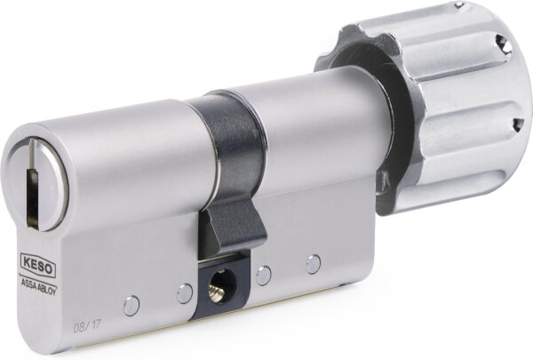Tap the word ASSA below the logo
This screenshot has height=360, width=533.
tap(28, 282)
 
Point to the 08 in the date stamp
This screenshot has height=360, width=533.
tap(79, 326)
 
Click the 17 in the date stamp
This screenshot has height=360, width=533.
tap(96, 325)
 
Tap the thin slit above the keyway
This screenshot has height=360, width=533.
tap(32, 152)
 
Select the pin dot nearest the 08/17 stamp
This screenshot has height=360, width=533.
tap(131, 306)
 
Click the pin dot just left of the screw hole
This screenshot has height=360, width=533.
tap(185, 293)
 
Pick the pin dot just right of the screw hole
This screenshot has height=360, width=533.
tap(264, 276)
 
